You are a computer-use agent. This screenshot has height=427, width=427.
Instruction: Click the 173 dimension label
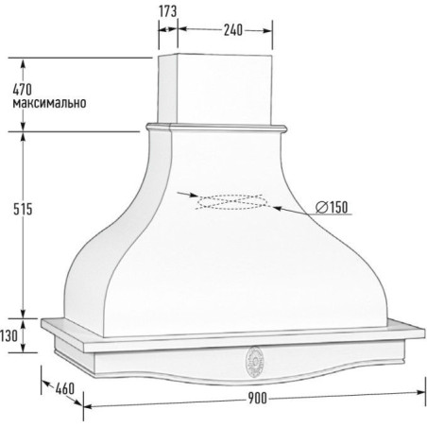[x=168, y=11]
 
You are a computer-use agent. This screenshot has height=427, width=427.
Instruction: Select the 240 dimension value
[x=233, y=30]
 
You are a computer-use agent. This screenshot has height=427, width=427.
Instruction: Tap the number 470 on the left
[x=23, y=90]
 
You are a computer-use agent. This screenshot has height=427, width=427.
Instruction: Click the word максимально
[x=49, y=103]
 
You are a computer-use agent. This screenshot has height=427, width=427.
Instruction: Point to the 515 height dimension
[x=23, y=209]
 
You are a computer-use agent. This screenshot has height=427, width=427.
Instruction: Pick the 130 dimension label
[x=9, y=336]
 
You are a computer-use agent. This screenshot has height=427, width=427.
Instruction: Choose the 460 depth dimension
[x=65, y=388]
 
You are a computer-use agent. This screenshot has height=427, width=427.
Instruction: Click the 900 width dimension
[x=257, y=398]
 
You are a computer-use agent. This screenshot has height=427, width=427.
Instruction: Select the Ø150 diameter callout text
[x=332, y=207]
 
